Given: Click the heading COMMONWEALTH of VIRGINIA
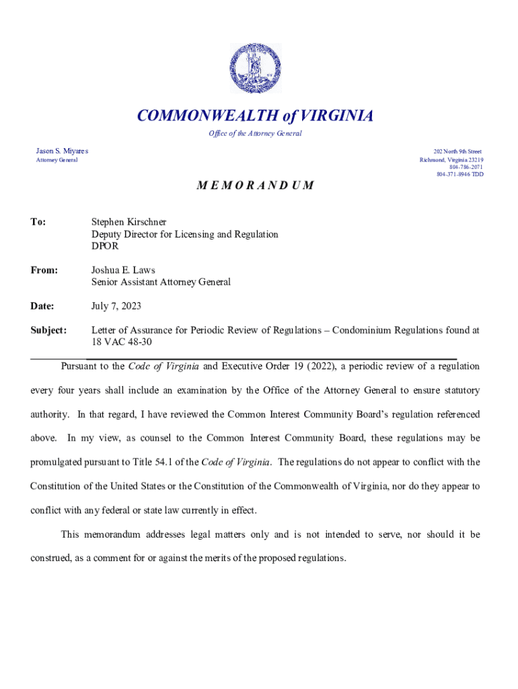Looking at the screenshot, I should [x=255, y=116].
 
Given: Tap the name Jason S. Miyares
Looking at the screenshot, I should [x=62, y=151].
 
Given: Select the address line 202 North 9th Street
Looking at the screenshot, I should [x=458, y=152].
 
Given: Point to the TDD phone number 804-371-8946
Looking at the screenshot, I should [x=459, y=174].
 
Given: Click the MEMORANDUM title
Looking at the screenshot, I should [x=255, y=185].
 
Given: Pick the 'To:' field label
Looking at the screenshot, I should [x=38, y=222].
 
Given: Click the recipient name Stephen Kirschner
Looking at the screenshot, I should [x=128, y=222].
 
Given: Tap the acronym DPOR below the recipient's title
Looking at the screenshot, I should [x=105, y=246].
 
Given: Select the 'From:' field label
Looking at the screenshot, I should [x=44, y=270].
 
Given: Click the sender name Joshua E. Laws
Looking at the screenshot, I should [x=123, y=270].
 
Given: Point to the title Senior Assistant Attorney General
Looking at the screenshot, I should [x=161, y=282].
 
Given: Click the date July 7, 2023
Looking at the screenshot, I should [x=116, y=306].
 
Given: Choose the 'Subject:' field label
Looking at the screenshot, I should [x=48, y=330].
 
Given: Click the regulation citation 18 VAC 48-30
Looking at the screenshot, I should [x=122, y=342].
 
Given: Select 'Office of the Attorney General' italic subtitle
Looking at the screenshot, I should [x=255, y=133].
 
